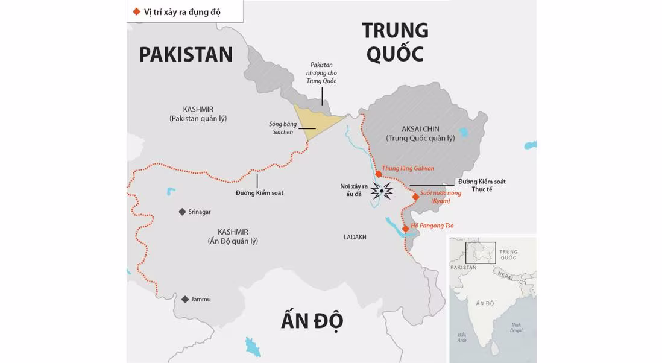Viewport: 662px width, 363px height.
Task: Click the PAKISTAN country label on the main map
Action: point(186,54)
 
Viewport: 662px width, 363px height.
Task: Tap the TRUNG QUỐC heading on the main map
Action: point(395,42)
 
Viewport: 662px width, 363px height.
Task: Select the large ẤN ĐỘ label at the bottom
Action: point(312,320)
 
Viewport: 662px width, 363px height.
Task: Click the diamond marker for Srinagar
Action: point(182,212)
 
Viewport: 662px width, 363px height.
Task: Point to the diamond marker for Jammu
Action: point(185,299)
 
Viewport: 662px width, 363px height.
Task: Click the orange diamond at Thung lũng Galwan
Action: point(378,174)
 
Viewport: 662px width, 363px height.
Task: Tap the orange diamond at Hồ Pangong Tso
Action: point(406,229)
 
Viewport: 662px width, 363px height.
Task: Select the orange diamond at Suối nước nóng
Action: point(415,197)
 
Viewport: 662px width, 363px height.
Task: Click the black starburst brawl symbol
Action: point(382,191)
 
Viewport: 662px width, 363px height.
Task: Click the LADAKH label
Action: point(355,237)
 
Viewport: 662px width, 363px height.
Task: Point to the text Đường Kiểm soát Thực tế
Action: point(481,185)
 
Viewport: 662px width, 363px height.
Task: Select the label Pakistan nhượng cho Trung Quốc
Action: point(321,72)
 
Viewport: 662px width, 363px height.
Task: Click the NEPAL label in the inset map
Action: point(505,274)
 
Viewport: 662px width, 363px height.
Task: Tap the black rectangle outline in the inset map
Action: point(481,253)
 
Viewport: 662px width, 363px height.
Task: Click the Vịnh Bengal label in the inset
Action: point(515,327)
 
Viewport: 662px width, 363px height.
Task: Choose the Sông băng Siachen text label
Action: point(280,128)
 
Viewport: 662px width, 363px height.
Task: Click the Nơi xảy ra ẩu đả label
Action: point(353,190)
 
